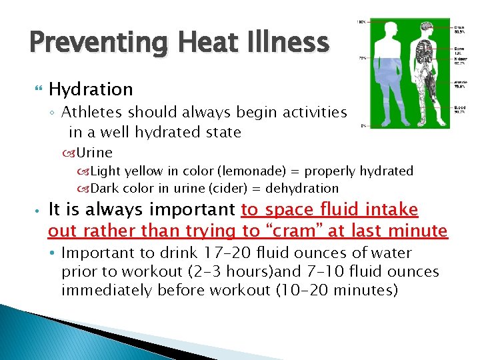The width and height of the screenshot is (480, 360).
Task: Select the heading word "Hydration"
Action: point(91,89)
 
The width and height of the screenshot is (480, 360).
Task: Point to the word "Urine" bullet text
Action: point(93,153)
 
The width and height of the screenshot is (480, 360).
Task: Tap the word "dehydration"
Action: point(303,189)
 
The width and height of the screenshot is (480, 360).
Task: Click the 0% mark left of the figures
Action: point(363,126)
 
